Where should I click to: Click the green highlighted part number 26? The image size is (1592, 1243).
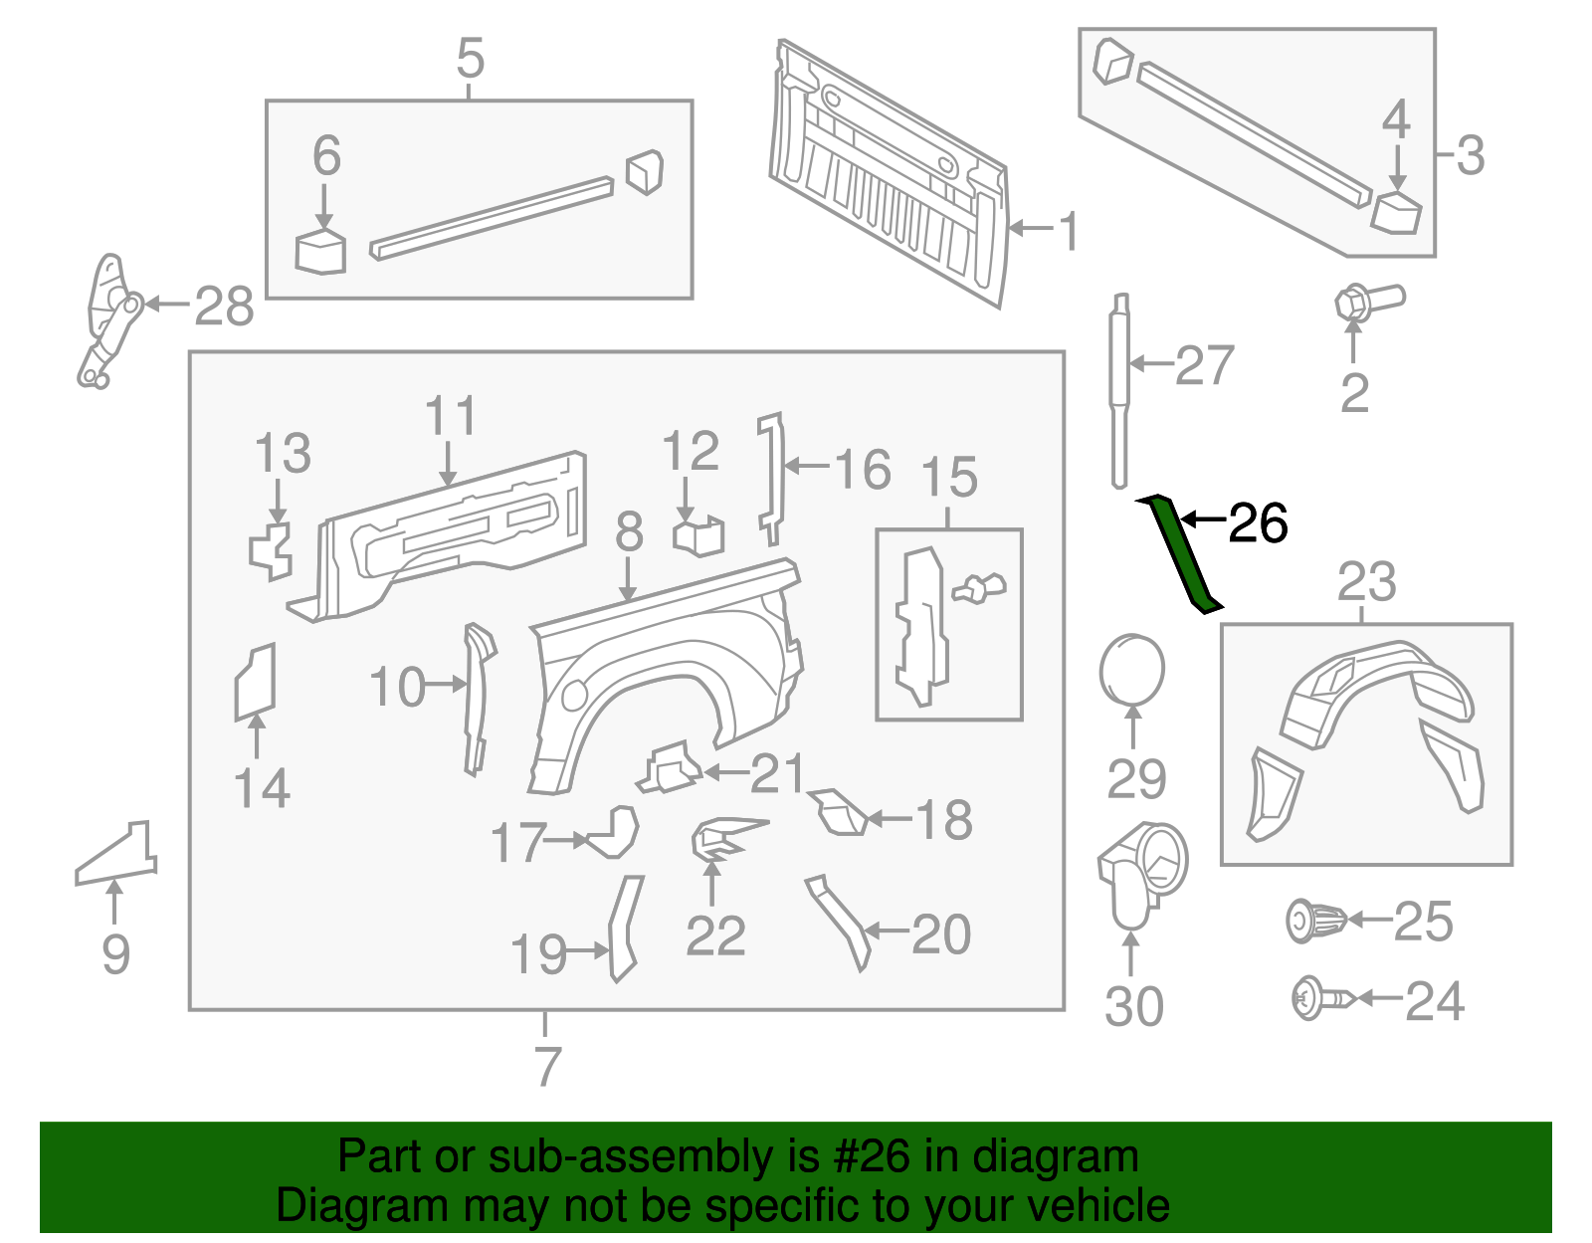(x=1180, y=553)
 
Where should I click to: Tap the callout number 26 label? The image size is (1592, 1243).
(x=1258, y=523)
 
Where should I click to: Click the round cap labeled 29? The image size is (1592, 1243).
(x=1132, y=670)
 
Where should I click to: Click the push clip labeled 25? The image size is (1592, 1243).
(x=1315, y=921)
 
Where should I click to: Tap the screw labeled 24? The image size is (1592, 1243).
(x=1321, y=998)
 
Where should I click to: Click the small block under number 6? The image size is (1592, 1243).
(x=320, y=252)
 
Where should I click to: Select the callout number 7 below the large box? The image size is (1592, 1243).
(x=547, y=1066)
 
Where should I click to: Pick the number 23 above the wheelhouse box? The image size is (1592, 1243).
(x=1366, y=582)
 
